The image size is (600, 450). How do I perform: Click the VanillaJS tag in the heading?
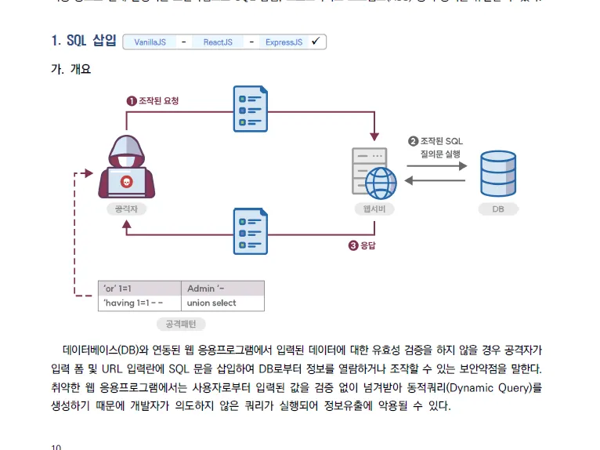(150, 42)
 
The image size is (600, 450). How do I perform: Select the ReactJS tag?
(218, 42)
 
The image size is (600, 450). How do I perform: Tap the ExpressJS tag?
(283, 42)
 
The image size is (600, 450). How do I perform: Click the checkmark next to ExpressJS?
(315, 42)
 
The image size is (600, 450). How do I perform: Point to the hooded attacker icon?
(127, 167)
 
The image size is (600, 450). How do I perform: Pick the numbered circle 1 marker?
(132, 100)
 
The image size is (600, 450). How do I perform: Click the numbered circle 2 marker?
(413, 141)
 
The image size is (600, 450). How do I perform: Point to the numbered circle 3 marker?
(353, 245)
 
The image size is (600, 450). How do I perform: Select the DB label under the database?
(498, 209)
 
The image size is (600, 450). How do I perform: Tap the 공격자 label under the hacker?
(127, 209)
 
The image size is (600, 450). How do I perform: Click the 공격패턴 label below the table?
(181, 324)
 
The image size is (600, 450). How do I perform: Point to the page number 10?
(56, 447)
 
